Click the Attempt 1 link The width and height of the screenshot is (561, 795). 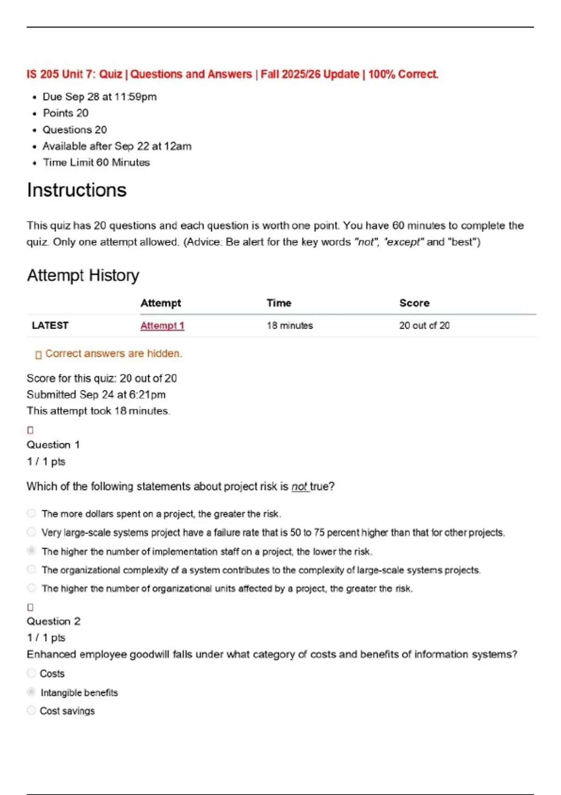162,325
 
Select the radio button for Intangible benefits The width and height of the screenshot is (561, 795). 31,692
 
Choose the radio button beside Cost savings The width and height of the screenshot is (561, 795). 31,710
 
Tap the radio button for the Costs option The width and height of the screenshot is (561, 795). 31,673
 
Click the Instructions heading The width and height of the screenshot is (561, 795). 77,190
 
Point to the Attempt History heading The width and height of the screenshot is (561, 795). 83,275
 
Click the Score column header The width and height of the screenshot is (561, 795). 414,303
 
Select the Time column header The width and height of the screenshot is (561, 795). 279,303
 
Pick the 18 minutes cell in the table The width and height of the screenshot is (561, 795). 290,325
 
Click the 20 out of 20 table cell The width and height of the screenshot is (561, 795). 424,325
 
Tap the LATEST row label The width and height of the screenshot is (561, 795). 50,325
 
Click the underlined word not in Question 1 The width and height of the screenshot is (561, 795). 299,487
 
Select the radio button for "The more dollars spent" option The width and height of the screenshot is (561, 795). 31,513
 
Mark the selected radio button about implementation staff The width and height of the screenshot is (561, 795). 31,550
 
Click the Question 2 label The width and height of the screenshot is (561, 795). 53,622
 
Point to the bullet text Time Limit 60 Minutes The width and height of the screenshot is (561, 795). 96,163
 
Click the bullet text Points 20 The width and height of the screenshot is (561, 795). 65,113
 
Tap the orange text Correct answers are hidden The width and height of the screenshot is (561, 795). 114,354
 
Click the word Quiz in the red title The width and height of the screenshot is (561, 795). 110,74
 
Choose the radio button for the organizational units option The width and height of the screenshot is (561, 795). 31,588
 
